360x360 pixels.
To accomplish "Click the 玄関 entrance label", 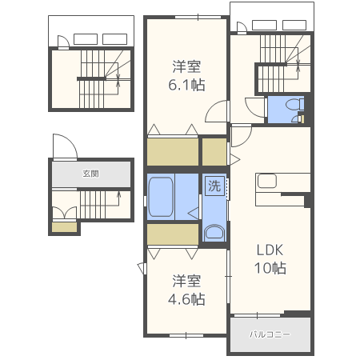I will pos(90,173).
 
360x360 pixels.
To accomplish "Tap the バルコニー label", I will pos(269,334).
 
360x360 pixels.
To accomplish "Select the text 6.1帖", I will pos(185,83).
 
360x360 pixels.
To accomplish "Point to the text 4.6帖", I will pos(186,299).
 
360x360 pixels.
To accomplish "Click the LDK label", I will pos(270,248).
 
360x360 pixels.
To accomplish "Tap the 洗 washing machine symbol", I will pos(214,186).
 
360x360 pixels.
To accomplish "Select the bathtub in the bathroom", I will pos(163,197).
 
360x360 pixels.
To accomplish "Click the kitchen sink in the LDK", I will pos(267,182).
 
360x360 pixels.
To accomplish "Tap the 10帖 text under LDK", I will pos(270,268).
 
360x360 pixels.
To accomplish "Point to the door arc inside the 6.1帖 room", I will pos(215,112).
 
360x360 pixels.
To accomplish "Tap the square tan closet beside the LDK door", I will pos(214,151).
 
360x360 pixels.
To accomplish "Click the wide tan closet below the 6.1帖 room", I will pos(171,151).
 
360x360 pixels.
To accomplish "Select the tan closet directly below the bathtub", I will pos(171,234).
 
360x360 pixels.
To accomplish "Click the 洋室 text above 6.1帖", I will pos(185,66).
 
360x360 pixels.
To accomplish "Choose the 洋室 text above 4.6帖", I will pos(186,281).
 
